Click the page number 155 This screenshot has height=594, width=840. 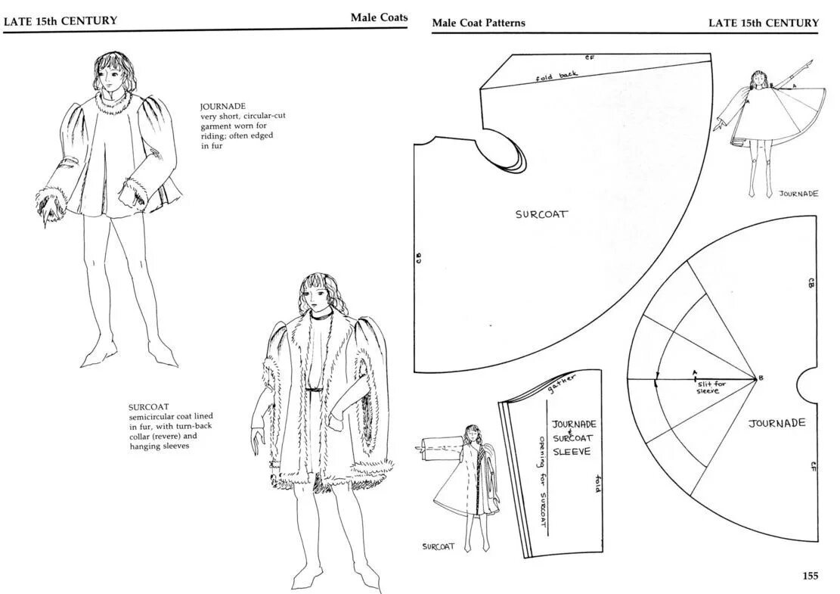[810, 576]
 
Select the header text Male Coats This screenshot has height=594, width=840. [379, 17]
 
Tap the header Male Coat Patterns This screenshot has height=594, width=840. [478, 23]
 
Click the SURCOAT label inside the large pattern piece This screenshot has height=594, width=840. [541, 214]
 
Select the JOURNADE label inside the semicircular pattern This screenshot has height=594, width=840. [776, 423]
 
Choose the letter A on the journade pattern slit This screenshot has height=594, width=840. [694, 372]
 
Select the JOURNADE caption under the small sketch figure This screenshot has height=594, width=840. [798, 194]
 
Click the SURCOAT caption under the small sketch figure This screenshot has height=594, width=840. [439, 546]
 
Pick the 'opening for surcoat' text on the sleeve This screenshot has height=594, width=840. [542, 482]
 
